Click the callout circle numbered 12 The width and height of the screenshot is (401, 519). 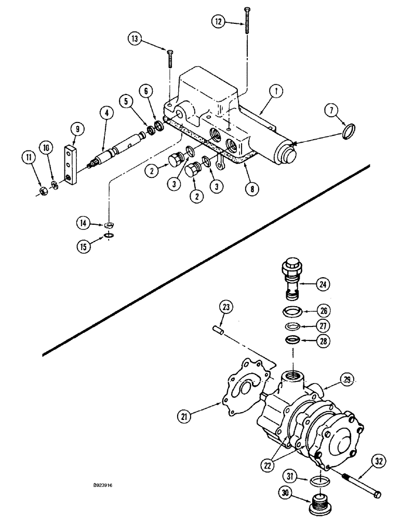[x=219, y=21]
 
